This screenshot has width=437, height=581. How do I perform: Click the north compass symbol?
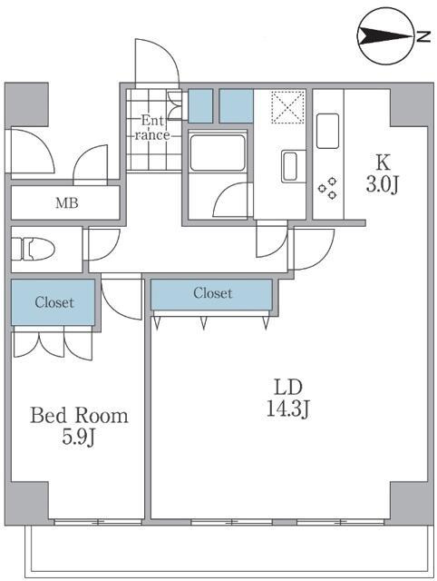(x=385, y=36)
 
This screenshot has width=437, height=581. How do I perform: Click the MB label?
(x=66, y=202)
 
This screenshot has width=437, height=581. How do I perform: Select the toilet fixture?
(x=34, y=249)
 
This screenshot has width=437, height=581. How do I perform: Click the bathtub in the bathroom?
(x=218, y=152)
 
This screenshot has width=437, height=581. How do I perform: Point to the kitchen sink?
(x=327, y=131)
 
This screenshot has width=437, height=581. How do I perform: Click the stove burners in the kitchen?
(x=328, y=188)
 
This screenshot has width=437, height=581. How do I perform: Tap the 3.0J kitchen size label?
(x=383, y=184)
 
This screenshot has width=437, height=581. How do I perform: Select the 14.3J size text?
(x=288, y=409)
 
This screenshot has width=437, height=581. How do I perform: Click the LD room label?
(x=288, y=388)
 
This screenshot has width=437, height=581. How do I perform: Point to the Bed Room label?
(x=79, y=416)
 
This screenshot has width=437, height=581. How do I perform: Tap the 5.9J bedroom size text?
(x=79, y=438)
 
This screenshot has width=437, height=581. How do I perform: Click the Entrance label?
(x=152, y=127)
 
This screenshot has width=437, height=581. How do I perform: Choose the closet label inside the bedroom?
(x=54, y=302)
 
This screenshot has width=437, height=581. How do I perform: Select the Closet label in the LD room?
(x=213, y=293)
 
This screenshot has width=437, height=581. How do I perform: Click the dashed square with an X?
(x=288, y=107)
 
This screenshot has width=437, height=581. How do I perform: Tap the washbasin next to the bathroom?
(x=289, y=166)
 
